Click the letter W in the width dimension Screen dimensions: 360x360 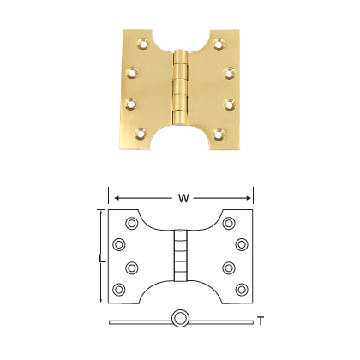coord(183,199)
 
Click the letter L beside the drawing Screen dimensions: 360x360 coord(102,257)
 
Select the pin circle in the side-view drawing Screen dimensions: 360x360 coord(180,320)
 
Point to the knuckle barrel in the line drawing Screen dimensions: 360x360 coord(180,255)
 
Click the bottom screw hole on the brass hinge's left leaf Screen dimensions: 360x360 coord(141,133)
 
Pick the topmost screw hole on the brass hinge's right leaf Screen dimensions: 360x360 coord(220,42)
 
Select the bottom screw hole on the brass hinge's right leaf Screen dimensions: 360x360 coord(220,133)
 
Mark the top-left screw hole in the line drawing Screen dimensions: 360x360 coord(132,224)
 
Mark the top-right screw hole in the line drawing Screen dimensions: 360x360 coord(229,224)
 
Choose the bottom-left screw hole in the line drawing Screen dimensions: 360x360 coord(119,288)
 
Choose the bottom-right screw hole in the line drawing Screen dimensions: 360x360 coord(241,288)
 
